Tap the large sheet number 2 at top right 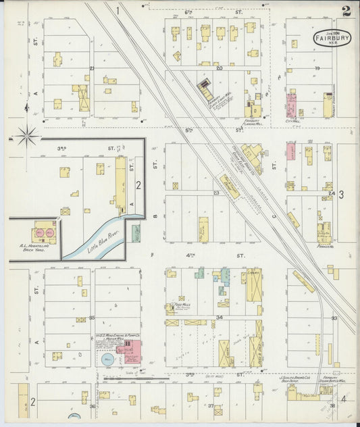pos(346,11)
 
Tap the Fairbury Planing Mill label pos(255,122)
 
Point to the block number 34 pos(219,317)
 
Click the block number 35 pos(92,318)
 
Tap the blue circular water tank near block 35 pos(107,360)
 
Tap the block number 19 pos(316,68)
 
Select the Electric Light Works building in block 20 pos(205,89)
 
